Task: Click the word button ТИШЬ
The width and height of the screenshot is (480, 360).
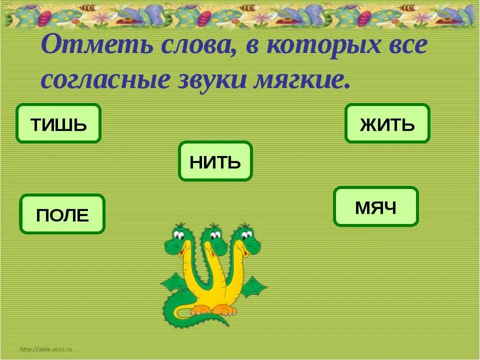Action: coord(58,123)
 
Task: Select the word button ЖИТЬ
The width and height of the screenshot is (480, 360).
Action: coord(387,123)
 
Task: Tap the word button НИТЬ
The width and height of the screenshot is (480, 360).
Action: coord(215,161)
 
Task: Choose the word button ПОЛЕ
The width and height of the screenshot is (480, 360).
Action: coord(62,214)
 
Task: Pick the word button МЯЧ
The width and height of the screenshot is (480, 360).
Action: coord(375,206)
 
